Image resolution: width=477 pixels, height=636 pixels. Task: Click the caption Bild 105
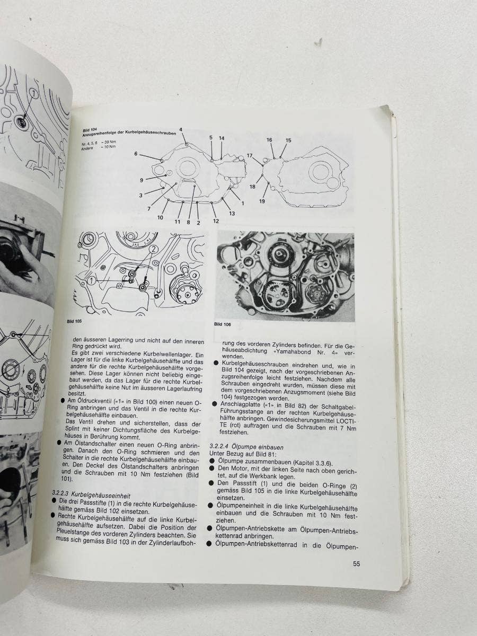(74, 321)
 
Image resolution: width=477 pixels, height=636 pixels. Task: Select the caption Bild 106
(223, 324)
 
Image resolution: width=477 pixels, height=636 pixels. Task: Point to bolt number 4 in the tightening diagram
(181, 129)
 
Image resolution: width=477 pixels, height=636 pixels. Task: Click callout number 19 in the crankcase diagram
(262, 201)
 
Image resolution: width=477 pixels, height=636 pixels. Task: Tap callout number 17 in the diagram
(250, 156)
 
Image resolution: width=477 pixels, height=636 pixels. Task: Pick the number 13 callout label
(232, 214)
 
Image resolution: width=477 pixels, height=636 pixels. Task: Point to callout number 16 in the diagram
(269, 140)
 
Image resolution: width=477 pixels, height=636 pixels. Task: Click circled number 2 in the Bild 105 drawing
(153, 249)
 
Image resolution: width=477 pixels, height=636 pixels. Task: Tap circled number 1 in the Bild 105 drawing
(92, 280)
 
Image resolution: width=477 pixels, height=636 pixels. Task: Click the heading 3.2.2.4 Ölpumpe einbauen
(246, 447)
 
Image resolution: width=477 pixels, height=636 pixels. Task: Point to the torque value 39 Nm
(111, 142)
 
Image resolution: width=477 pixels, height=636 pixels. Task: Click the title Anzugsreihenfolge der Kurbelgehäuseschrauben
(129, 134)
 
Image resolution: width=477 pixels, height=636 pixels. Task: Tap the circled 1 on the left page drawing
(34, 94)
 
